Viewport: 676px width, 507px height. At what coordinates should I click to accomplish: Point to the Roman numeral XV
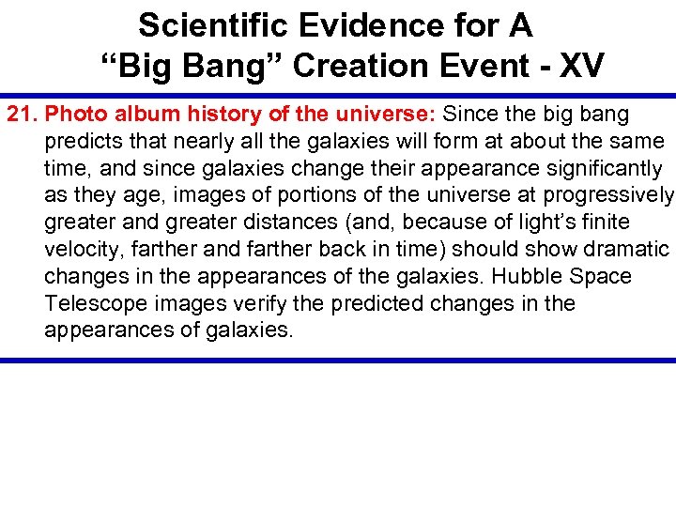(x=583, y=66)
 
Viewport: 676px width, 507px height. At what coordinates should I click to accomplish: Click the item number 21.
(x=23, y=115)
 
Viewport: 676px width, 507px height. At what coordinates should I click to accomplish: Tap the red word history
(x=210, y=115)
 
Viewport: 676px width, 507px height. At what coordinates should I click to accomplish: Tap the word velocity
(x=79, y=250)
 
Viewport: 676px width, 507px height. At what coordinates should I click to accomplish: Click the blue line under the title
(x=338, y=95)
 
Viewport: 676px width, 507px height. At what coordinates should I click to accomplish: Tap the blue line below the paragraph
(x=338, y=360)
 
